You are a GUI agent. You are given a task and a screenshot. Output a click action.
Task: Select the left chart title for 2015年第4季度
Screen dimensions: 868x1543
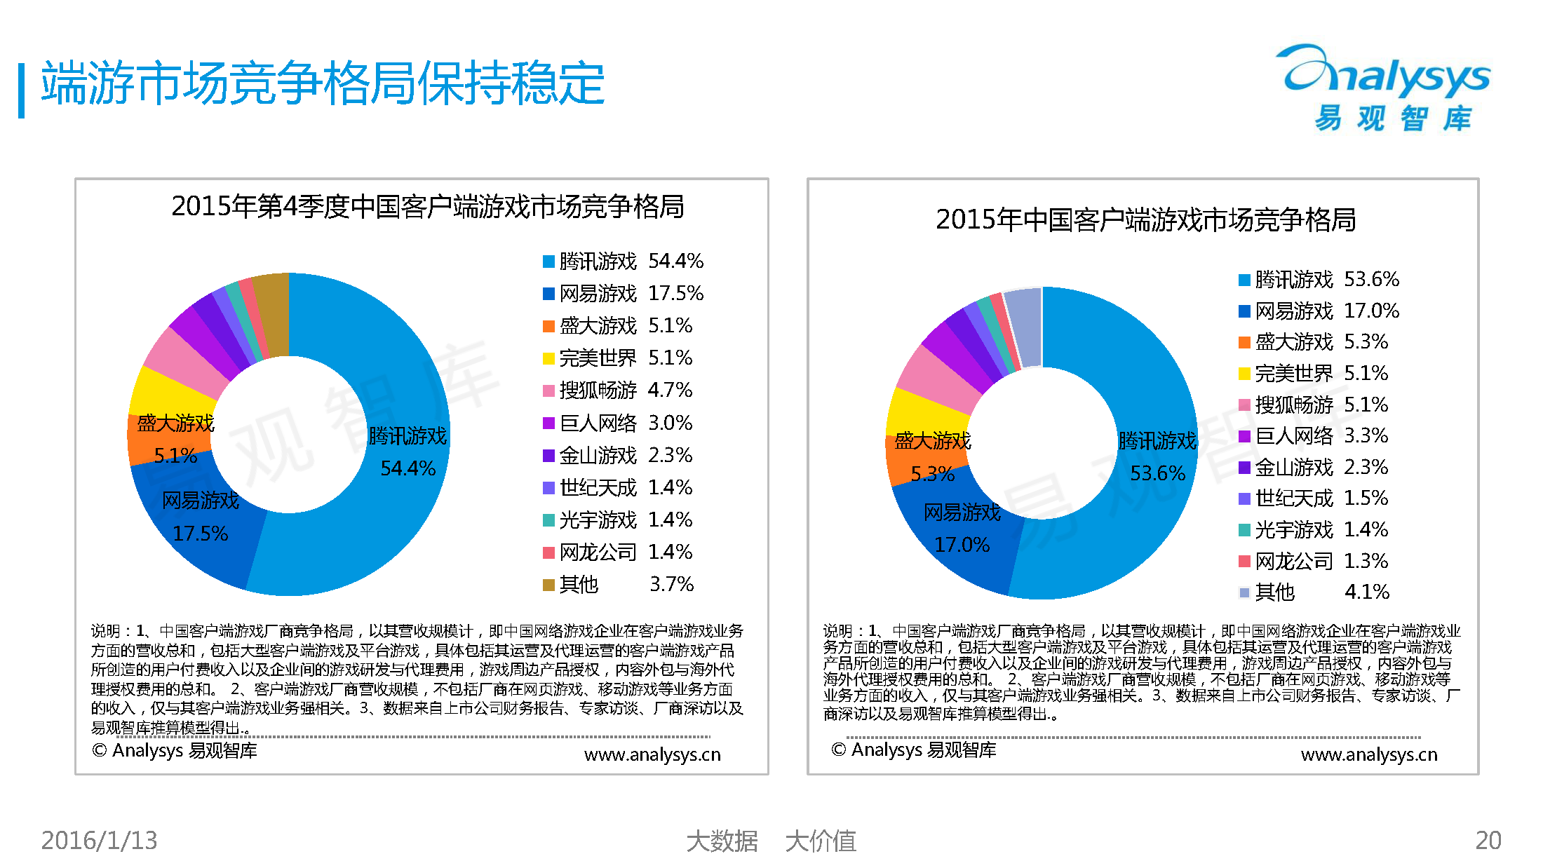427,207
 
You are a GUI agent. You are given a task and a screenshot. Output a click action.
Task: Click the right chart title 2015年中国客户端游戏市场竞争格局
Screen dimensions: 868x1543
1145,220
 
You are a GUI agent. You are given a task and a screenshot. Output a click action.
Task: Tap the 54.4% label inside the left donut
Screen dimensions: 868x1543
407,468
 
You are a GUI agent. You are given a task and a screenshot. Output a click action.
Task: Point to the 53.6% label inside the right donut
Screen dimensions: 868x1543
1157,473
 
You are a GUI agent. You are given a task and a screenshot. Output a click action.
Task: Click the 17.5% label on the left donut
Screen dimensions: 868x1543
201,534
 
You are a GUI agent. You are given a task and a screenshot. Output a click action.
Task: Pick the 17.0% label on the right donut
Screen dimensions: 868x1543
962,545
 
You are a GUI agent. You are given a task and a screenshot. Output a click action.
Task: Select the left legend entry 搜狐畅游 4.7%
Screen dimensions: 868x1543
618,391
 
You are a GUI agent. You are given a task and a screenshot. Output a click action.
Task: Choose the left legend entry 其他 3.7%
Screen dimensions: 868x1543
618,584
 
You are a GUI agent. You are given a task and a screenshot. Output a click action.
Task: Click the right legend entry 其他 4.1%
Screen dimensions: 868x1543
1314,592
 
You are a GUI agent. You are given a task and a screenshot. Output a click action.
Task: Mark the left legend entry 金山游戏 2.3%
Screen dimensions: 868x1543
618,456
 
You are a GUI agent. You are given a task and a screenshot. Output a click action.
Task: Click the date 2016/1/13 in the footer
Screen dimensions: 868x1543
99,840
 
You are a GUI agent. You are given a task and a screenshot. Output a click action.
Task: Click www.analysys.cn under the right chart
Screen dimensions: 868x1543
1368,754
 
